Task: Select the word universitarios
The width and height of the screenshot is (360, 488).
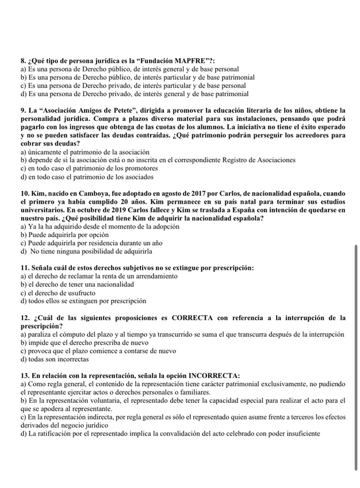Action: point(50,210)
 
